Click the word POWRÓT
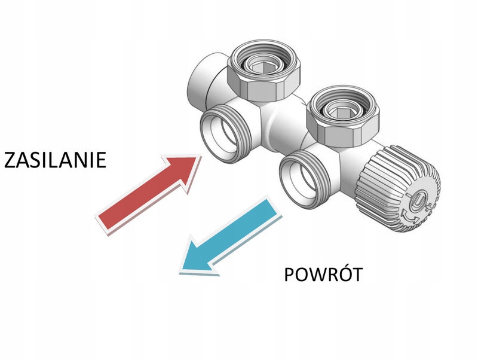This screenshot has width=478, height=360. pos(323,274)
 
